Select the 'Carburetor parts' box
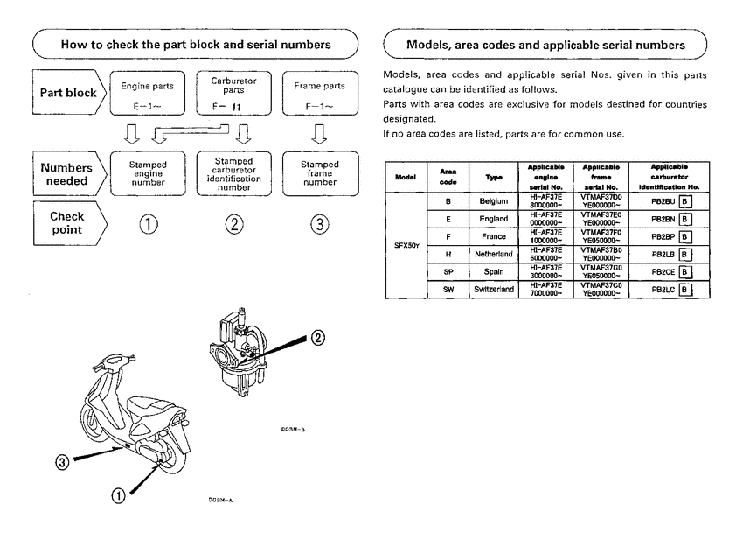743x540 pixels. (x=233, y=94)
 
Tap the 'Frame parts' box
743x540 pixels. (x=321, y=94)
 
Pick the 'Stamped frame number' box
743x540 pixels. (x=320, y=173)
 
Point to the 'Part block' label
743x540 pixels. (x=68, y=93)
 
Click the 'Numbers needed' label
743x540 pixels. (x=68, y=173)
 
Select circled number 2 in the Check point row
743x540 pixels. (x=234, y=224)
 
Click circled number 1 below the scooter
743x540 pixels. (x=116, y=495)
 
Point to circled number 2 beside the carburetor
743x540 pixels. (x=318, y=337)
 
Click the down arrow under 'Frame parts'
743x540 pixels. (x=320, y=134)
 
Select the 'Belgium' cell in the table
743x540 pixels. (x=493, y=201)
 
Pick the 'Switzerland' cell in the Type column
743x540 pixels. (x=493, y=289)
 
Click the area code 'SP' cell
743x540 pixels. (x=448, y=271)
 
